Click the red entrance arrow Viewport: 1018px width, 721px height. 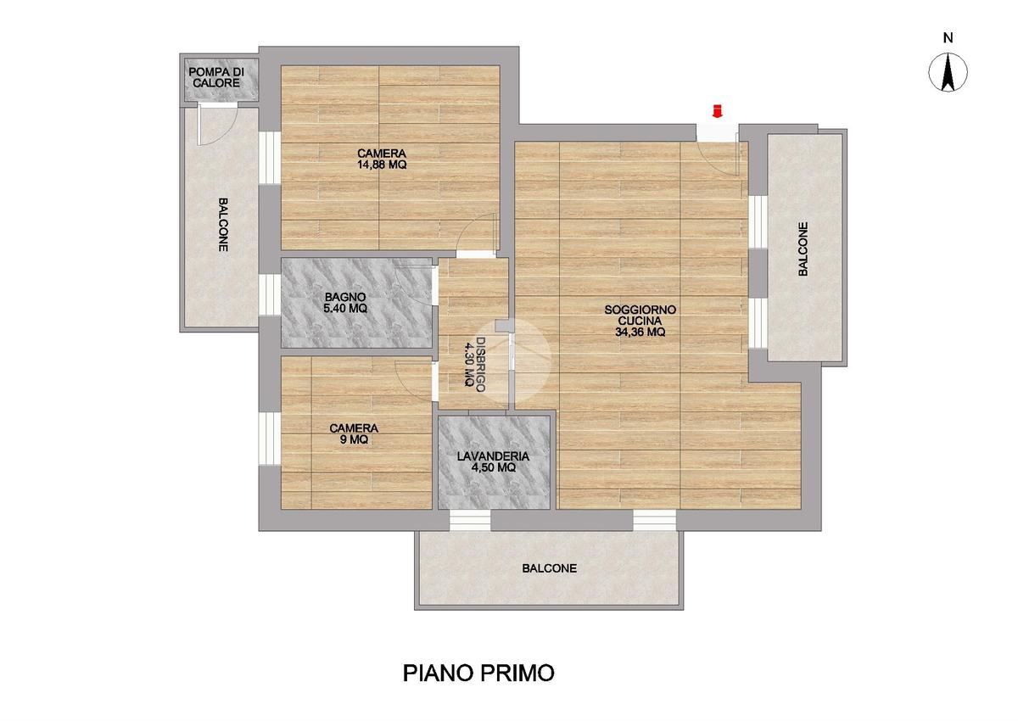click(717, 111)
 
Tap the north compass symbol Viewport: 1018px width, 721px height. click(948, 72)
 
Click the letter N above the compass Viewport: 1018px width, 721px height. click(948, 38)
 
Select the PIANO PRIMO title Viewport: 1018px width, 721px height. click(478, 673)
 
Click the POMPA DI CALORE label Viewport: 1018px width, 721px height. click(216, 78)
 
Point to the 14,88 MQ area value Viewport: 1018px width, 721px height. click(382, 165)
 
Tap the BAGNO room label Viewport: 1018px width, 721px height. click(345, 297)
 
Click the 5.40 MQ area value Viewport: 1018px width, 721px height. click(345, 309)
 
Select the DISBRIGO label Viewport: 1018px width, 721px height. click(480, 365)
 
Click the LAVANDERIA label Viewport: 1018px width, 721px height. click(493, 456)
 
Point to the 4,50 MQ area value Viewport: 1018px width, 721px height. click(493, 467)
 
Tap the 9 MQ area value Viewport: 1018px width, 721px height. click(354, 439)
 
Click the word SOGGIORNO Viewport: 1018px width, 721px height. click(640, 310)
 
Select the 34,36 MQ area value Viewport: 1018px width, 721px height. click(640, 333)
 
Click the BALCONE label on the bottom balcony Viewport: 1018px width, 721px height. click(550, 568)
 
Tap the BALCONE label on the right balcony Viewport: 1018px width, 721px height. click(803, 249)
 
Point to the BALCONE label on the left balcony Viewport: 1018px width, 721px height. click(223, 225)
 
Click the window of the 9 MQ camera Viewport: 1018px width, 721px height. click(270, 439)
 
